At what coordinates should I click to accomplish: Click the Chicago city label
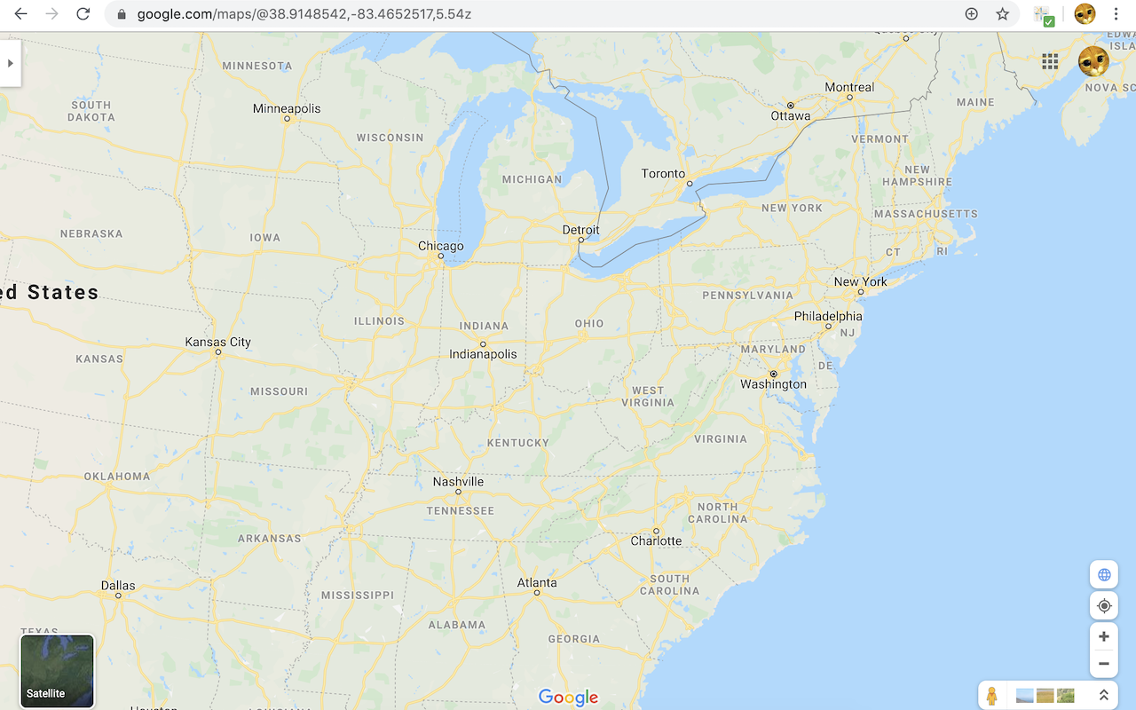[440, 246]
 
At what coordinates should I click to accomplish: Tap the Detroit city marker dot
[580, 240]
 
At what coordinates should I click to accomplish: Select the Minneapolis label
[287, 108]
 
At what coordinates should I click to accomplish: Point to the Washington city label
[773, 384]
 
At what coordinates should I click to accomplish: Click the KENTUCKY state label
[518, 442]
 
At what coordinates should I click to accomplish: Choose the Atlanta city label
[537, 582]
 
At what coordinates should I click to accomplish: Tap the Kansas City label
[217, 342]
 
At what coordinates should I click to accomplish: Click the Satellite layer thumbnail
[57, 671]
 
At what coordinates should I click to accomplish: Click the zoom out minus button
[1104, 664]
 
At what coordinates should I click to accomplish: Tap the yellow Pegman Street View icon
[991, 696]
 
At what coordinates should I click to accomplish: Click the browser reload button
[83, 14]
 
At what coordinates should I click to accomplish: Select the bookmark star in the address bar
[1002, 14]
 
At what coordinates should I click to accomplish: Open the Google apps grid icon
[1050, 61]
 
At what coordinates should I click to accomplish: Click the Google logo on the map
[568, 698]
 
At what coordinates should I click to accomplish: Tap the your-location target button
[1104, 605]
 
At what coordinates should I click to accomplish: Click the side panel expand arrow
[10, 63]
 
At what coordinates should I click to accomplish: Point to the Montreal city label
[849, 87]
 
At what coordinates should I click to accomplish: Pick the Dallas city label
[118, 585]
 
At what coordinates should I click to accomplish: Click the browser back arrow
[21, 14]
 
